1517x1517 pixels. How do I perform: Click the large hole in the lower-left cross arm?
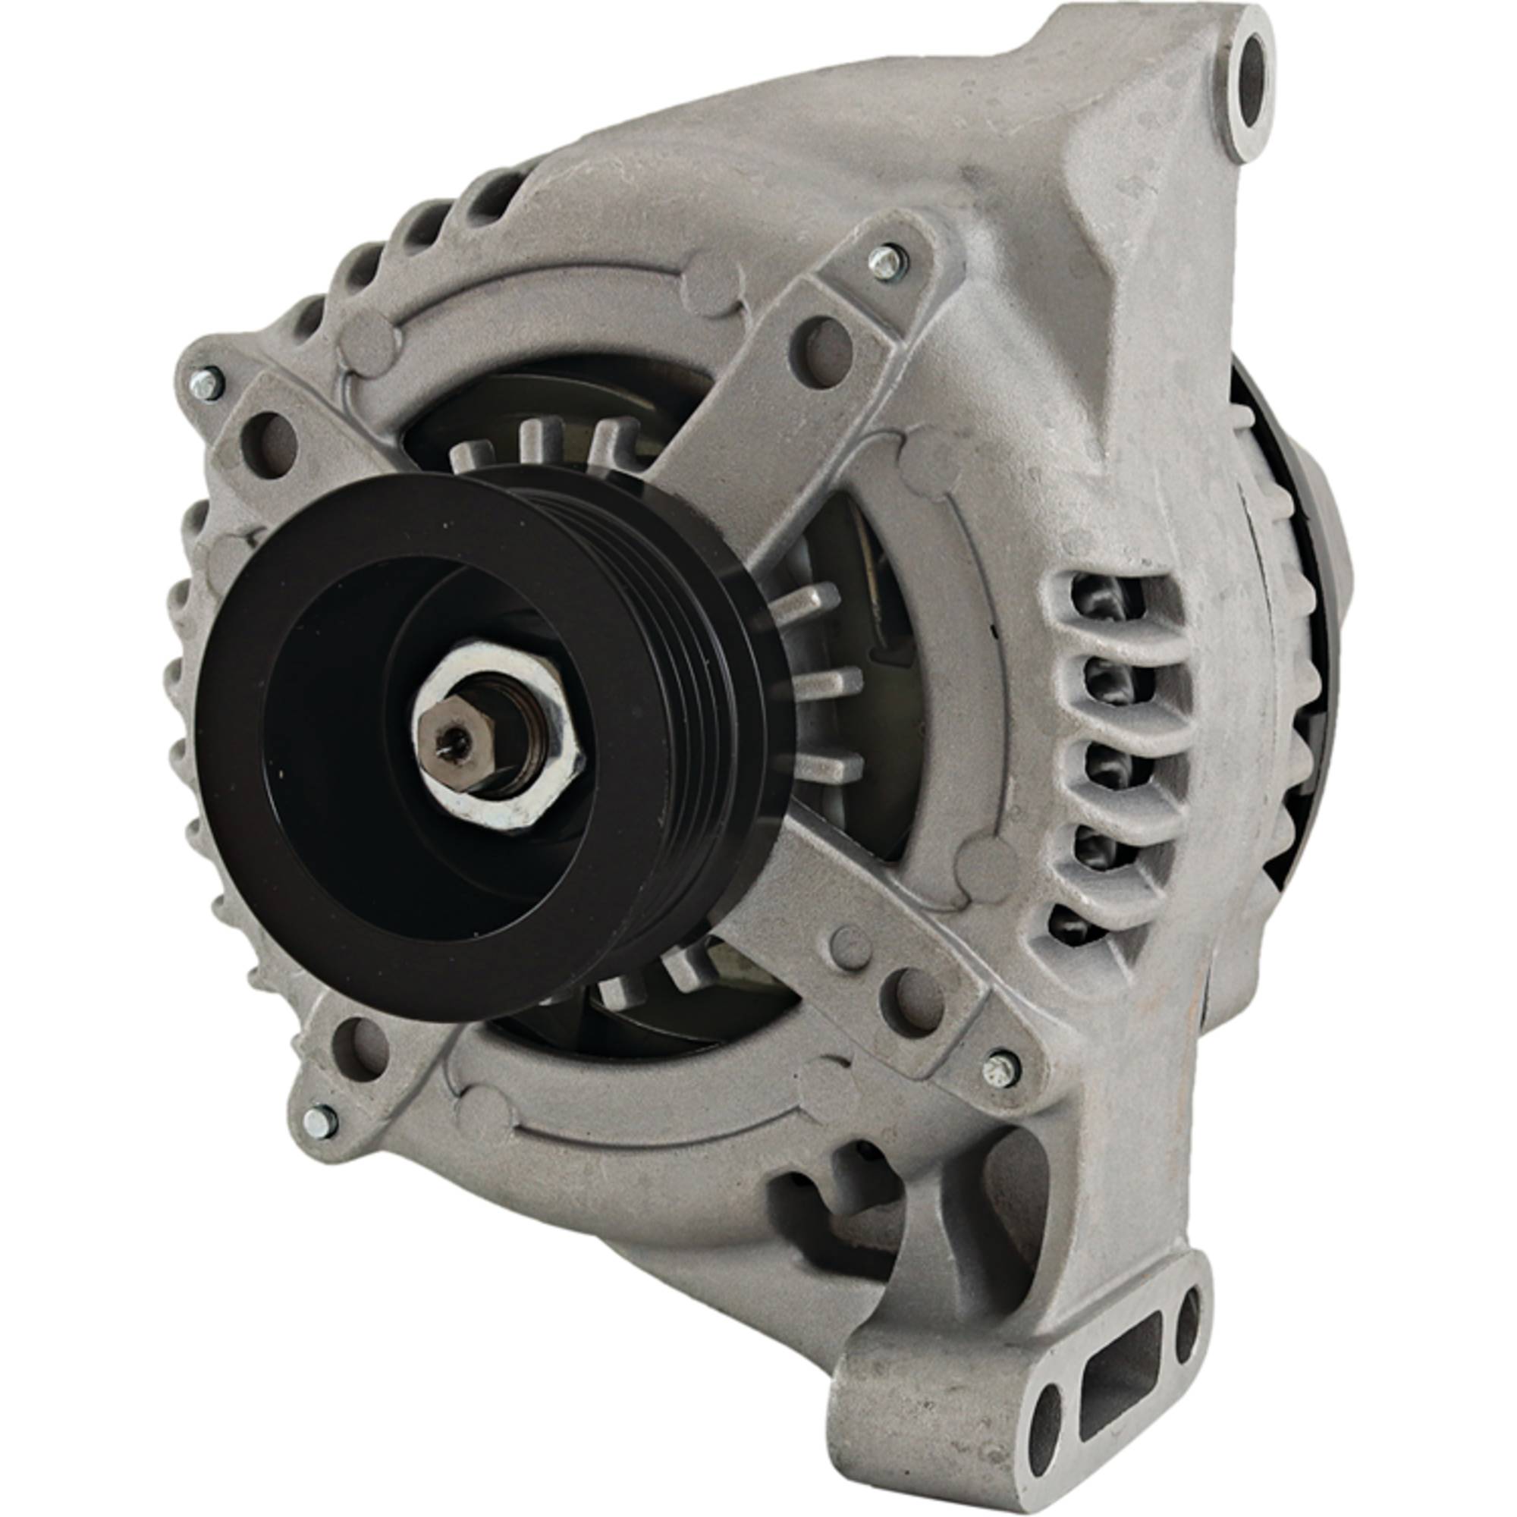tap(360, 1045)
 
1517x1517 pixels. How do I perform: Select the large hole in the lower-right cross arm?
tap(910, 1001)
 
